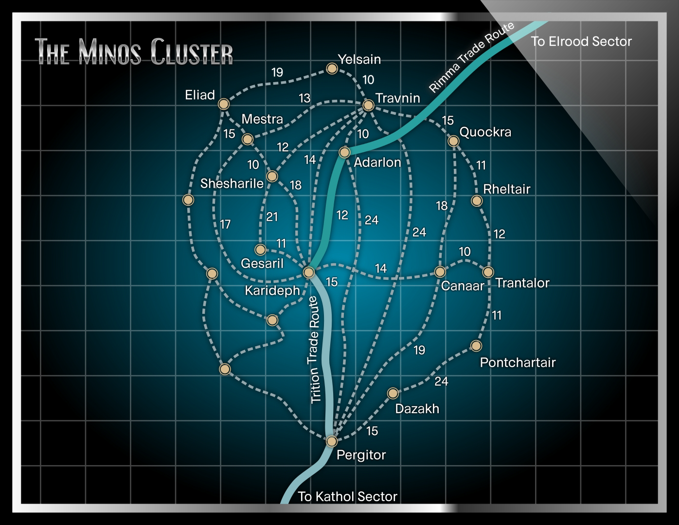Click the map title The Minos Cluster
coord(134,51)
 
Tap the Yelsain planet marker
coord(332,69)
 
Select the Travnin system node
coord(368,105)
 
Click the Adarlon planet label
coord(377,162)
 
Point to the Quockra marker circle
coord(453,141)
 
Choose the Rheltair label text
coord(506,189)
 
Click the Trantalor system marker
coord(488,272)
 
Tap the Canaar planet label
coord(463,286)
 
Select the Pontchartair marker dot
coord(476,346)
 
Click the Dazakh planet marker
coord(393,393)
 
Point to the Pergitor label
coord(361,455)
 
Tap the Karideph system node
coord(308,272)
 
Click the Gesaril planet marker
coord(260,250)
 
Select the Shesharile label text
coord(232,183)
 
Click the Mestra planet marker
coord(248,140)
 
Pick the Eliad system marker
coord(223,104)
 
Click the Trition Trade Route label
coord(315,350)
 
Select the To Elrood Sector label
coord(581,41)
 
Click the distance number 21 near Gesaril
coord(272,217)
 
